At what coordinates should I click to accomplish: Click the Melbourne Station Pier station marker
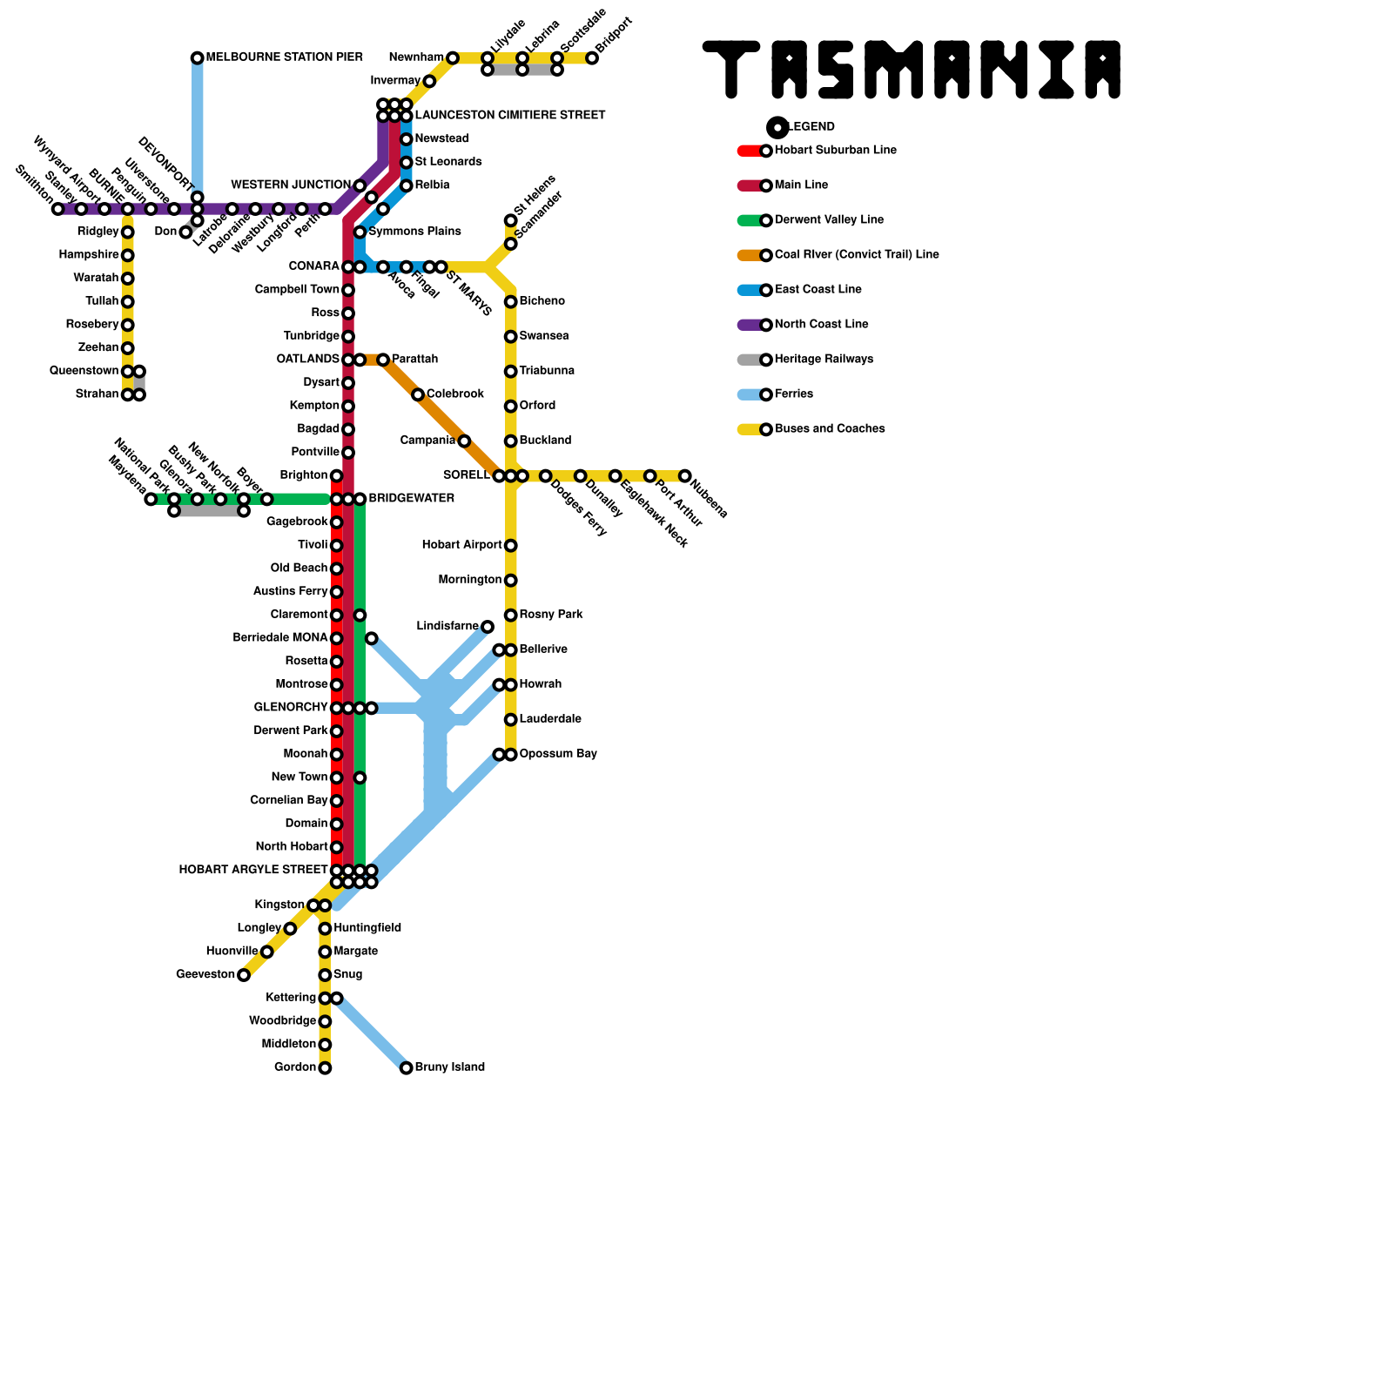click(198, 58)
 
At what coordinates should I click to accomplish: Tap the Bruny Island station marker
click(407, 1068)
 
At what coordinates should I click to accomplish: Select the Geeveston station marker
click(244, 975)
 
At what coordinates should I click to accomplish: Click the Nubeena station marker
click(685, 476)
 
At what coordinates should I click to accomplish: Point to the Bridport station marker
click(592, 58)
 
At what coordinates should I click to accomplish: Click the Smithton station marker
click(58, 209)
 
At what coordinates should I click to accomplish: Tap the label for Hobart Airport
click(461, 545)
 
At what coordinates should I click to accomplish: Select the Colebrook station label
click(454, 394)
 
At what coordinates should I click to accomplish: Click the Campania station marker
click(464, 441)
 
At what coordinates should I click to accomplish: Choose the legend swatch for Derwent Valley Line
click(750, 220)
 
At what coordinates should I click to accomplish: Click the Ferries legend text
click(794, 394)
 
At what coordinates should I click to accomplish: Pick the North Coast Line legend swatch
click(750, 325)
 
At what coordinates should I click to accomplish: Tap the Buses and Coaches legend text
click(830, 429)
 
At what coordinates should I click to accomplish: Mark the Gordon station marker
click(325, 1068)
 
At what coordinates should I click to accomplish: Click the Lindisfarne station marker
click(488, 627)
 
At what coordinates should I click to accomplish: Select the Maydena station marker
click(151, 499)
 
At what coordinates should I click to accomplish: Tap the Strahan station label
click(97, 394)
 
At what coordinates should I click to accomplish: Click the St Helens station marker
click(511, 220)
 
